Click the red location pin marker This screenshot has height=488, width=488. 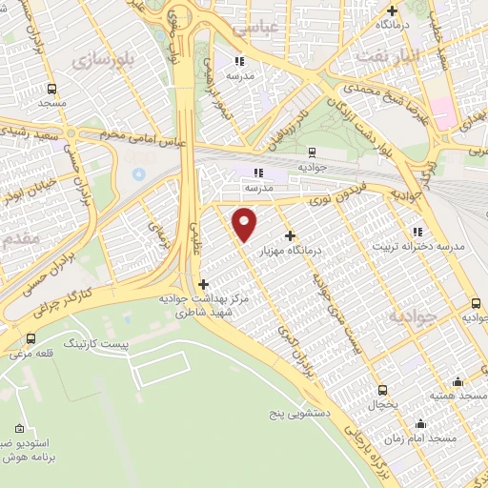click(x=245, y=224)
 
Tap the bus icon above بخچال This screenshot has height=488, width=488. click(x=382, y=390)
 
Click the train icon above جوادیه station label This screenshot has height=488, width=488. click(x=312, y=151)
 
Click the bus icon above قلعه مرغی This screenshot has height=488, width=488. click(x=30, y=338)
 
